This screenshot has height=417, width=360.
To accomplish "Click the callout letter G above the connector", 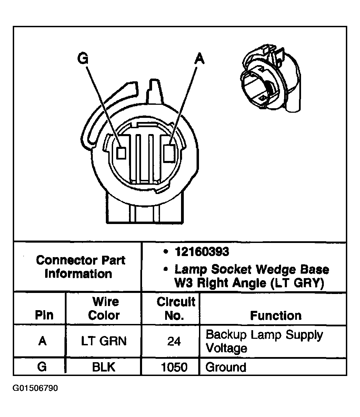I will coord(82,59).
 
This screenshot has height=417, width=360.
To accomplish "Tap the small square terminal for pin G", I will coord(121,153).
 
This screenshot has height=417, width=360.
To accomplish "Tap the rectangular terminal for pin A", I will coord(170,153).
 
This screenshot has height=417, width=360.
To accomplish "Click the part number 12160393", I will coord(201,252).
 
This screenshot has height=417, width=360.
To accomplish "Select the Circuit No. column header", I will coord(176,308).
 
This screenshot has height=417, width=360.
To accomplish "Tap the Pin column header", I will coord(44,315).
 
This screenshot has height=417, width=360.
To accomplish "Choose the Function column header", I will coord(276,315).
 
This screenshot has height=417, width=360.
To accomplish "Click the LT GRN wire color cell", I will coord(104,341).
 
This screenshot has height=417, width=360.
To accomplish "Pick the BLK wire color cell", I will coord(103,367).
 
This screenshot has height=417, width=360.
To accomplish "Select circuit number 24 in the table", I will coord(174,342).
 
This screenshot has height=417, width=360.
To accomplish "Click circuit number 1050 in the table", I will coord(174,367).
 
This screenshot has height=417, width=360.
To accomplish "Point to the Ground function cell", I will coord(226,367).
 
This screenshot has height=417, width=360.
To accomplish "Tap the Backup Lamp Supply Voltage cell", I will coord(264,341).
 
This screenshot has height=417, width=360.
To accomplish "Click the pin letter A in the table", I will coord(42,341).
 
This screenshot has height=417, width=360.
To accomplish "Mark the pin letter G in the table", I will coord(42,366).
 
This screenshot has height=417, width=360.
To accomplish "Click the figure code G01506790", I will coord(36,388).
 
